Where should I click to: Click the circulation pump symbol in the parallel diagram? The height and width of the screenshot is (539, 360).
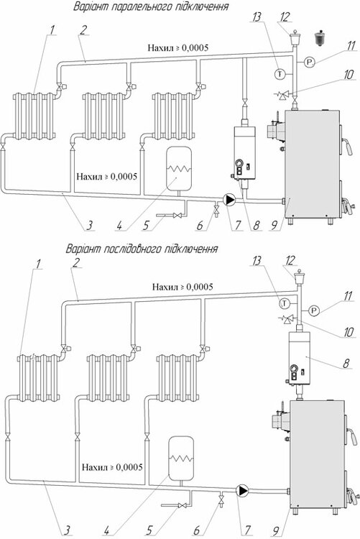pos(230,200)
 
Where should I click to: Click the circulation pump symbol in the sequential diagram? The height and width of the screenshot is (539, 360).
pos(243,490)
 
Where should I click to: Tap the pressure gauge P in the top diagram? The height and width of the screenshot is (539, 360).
pos(310,63)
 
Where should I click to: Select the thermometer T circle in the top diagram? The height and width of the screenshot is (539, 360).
pos(280,73)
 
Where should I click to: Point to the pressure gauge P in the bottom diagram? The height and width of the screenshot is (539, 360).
pos(314,310)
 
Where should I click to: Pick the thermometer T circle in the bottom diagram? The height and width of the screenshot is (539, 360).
pos(285,303)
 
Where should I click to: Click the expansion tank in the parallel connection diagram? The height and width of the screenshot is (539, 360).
pos(179,168)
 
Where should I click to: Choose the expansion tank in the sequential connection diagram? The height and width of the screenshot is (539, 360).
pos(181,458)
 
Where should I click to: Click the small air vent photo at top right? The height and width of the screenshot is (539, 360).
pos(320,37)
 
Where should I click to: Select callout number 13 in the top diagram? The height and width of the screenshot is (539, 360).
pos(257,17)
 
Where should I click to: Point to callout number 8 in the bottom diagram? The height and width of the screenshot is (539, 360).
pos(346,363)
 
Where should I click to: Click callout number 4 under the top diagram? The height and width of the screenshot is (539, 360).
pos(119,226)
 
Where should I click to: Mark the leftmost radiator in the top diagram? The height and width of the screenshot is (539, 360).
pos(34,116)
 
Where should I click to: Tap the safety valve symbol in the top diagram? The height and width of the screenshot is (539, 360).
pos(285,94)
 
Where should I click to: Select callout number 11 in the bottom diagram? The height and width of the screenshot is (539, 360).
pos(349,295)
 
